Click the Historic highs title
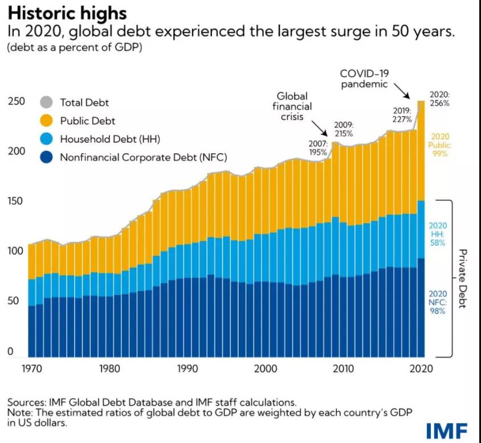click(x=67, y=13)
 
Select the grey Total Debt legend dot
click(x=46, y=102)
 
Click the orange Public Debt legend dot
click(x=46, y=121)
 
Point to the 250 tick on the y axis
click(x=15, y=102)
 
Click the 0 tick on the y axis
click(x=10, y=352)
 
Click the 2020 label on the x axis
click(x=422, y=368)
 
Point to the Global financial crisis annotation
click(x=292, y=106)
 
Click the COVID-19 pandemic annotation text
click(x=364, y=79)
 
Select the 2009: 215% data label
click(x=344, y=129)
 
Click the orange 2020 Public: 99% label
click(x=440, y=145)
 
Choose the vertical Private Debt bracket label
click(x=462, y=278)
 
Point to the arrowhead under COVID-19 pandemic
click(x=417, y=98)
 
